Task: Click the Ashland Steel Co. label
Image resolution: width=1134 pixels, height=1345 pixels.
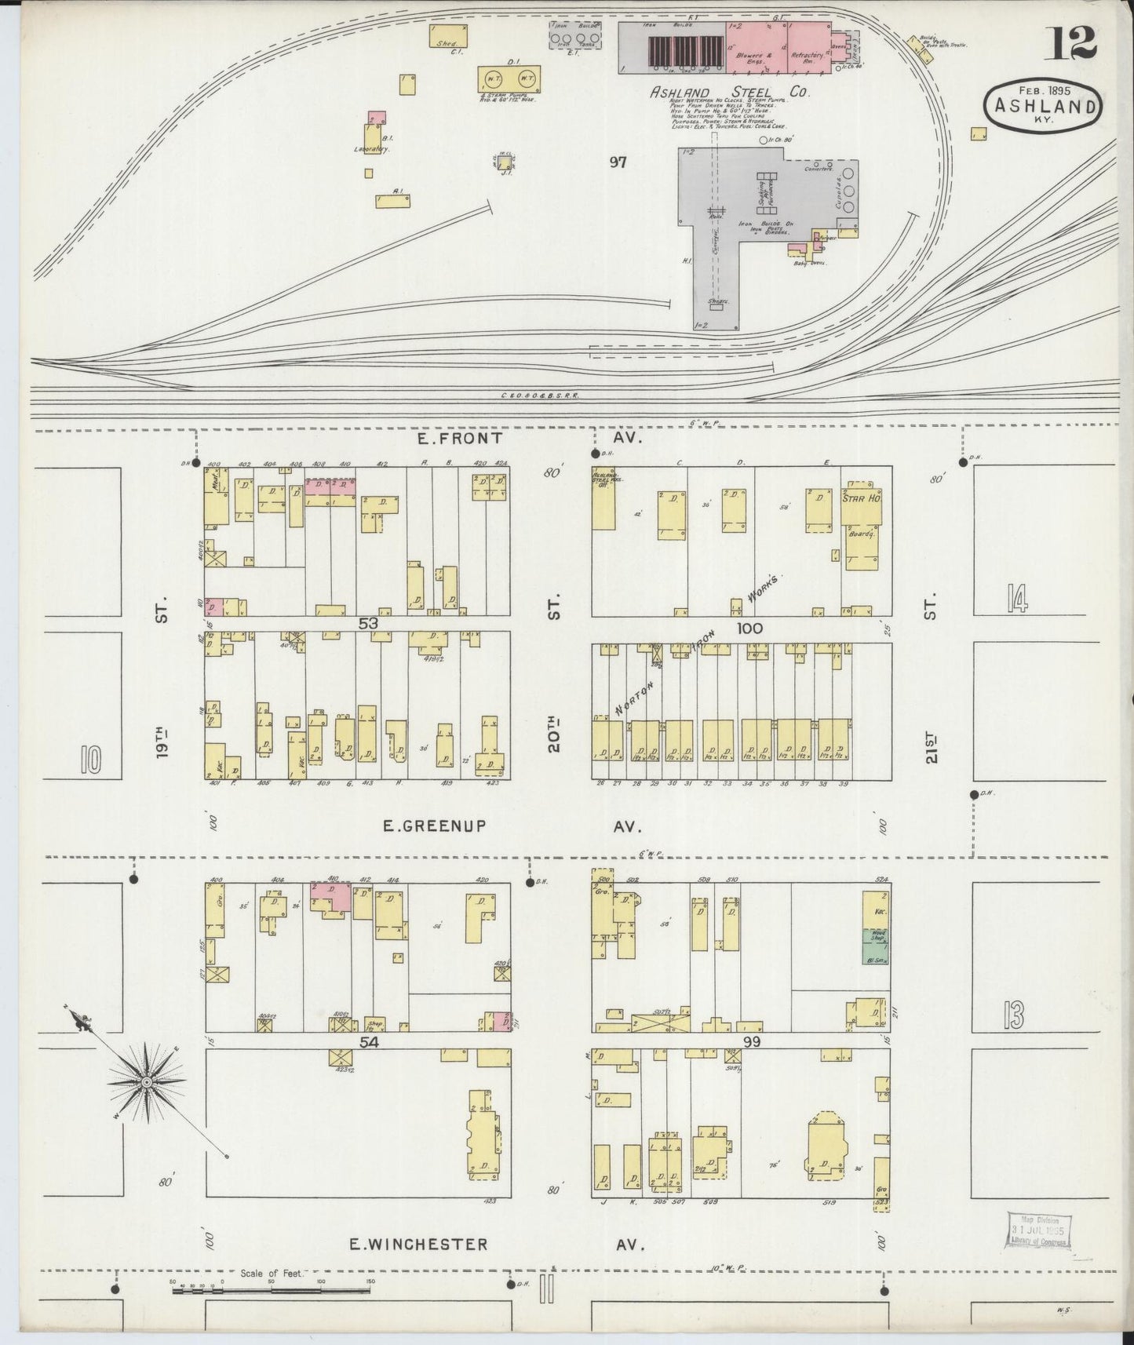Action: tap(729, 91)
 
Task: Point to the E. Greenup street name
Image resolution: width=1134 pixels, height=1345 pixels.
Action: tap(435, 826)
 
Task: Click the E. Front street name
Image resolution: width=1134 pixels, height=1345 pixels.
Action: tap(465, 438)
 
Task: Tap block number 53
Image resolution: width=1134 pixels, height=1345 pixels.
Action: tap(369, 623)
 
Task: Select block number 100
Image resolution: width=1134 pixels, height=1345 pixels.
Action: tap(749, 628)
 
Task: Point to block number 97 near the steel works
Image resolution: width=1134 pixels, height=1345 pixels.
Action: tap(618, 162)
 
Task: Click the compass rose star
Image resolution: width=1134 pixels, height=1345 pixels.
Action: tap(146, 1083)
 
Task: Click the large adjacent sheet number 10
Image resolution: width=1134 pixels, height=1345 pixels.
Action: tap(91, 759)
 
